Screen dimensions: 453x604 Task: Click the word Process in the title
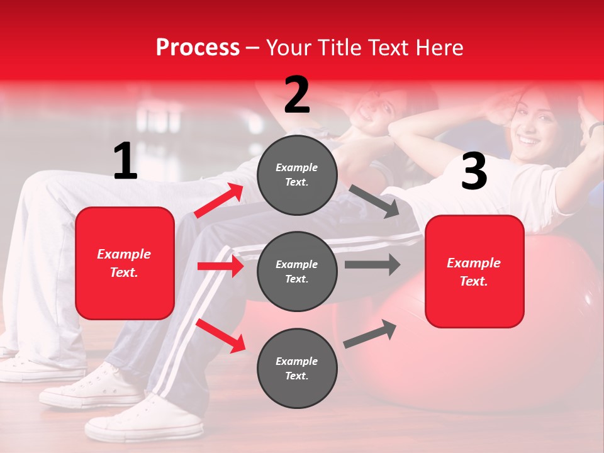click(198, 47)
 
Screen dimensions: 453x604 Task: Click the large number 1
click(125, 162)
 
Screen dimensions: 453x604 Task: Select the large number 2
click(297, 95)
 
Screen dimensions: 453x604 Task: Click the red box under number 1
click(125, 263)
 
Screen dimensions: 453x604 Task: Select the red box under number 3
click(474, 271)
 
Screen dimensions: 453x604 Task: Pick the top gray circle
click(297, 175)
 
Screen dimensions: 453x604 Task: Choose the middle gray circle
click(297, 271)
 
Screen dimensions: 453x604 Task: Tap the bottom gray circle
click(297, 368)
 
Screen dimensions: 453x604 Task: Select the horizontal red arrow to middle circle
click(220, 266)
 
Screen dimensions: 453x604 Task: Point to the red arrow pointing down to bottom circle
click(221, 335)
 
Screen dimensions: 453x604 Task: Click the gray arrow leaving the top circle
click(374, 201)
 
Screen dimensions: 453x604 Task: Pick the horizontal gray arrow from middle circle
click(372, 264)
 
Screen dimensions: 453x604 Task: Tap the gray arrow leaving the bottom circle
click(371, 334)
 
